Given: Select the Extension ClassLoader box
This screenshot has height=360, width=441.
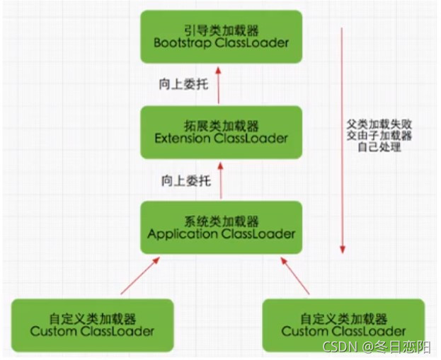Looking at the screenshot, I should point(221,132).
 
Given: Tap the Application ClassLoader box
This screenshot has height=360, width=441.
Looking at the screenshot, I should point(221,226).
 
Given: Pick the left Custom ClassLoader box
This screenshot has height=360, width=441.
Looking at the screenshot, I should point(92,324).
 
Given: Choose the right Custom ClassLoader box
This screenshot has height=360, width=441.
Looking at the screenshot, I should point(343,324).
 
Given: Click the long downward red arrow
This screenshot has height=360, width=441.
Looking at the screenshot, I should point(343,141).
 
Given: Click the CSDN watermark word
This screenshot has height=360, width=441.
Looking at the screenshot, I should point(340,346).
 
